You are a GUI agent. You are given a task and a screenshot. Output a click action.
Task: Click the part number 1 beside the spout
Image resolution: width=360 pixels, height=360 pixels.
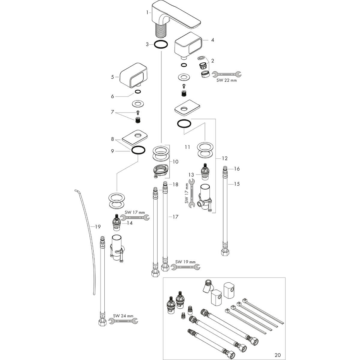click(x=147, y=13)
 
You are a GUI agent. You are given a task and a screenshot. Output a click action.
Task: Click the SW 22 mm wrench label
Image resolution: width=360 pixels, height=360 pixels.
click(x=226, y=80)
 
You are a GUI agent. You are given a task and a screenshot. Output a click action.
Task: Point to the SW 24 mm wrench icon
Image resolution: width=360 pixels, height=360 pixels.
click(x=123, y=321)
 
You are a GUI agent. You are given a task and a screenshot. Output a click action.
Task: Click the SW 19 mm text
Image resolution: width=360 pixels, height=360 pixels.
click(x=185, y=262)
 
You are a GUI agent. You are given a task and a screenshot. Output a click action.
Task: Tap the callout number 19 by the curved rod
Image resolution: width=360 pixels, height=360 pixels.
click(x=98, y=226)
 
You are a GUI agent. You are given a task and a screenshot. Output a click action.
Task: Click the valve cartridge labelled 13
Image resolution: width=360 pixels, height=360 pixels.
click(x=205, y=172)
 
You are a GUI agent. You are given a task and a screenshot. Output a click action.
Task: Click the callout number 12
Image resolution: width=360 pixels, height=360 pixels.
click(x=225, y=158)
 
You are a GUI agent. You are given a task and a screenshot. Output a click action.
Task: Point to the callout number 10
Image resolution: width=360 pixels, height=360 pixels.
click(x=175, y=162)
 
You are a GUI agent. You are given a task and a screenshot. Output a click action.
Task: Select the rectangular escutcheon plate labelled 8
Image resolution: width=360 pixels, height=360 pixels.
click(x=135, y=138)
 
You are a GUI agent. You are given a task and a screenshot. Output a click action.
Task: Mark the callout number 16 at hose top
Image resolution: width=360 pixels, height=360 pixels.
click(x=237, y=169)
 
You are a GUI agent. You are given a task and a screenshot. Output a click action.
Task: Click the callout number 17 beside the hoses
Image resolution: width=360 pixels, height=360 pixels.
click(x=175, y=217)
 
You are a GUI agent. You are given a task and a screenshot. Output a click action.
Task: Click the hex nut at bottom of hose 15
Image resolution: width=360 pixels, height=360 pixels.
click(x=225, y=253)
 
